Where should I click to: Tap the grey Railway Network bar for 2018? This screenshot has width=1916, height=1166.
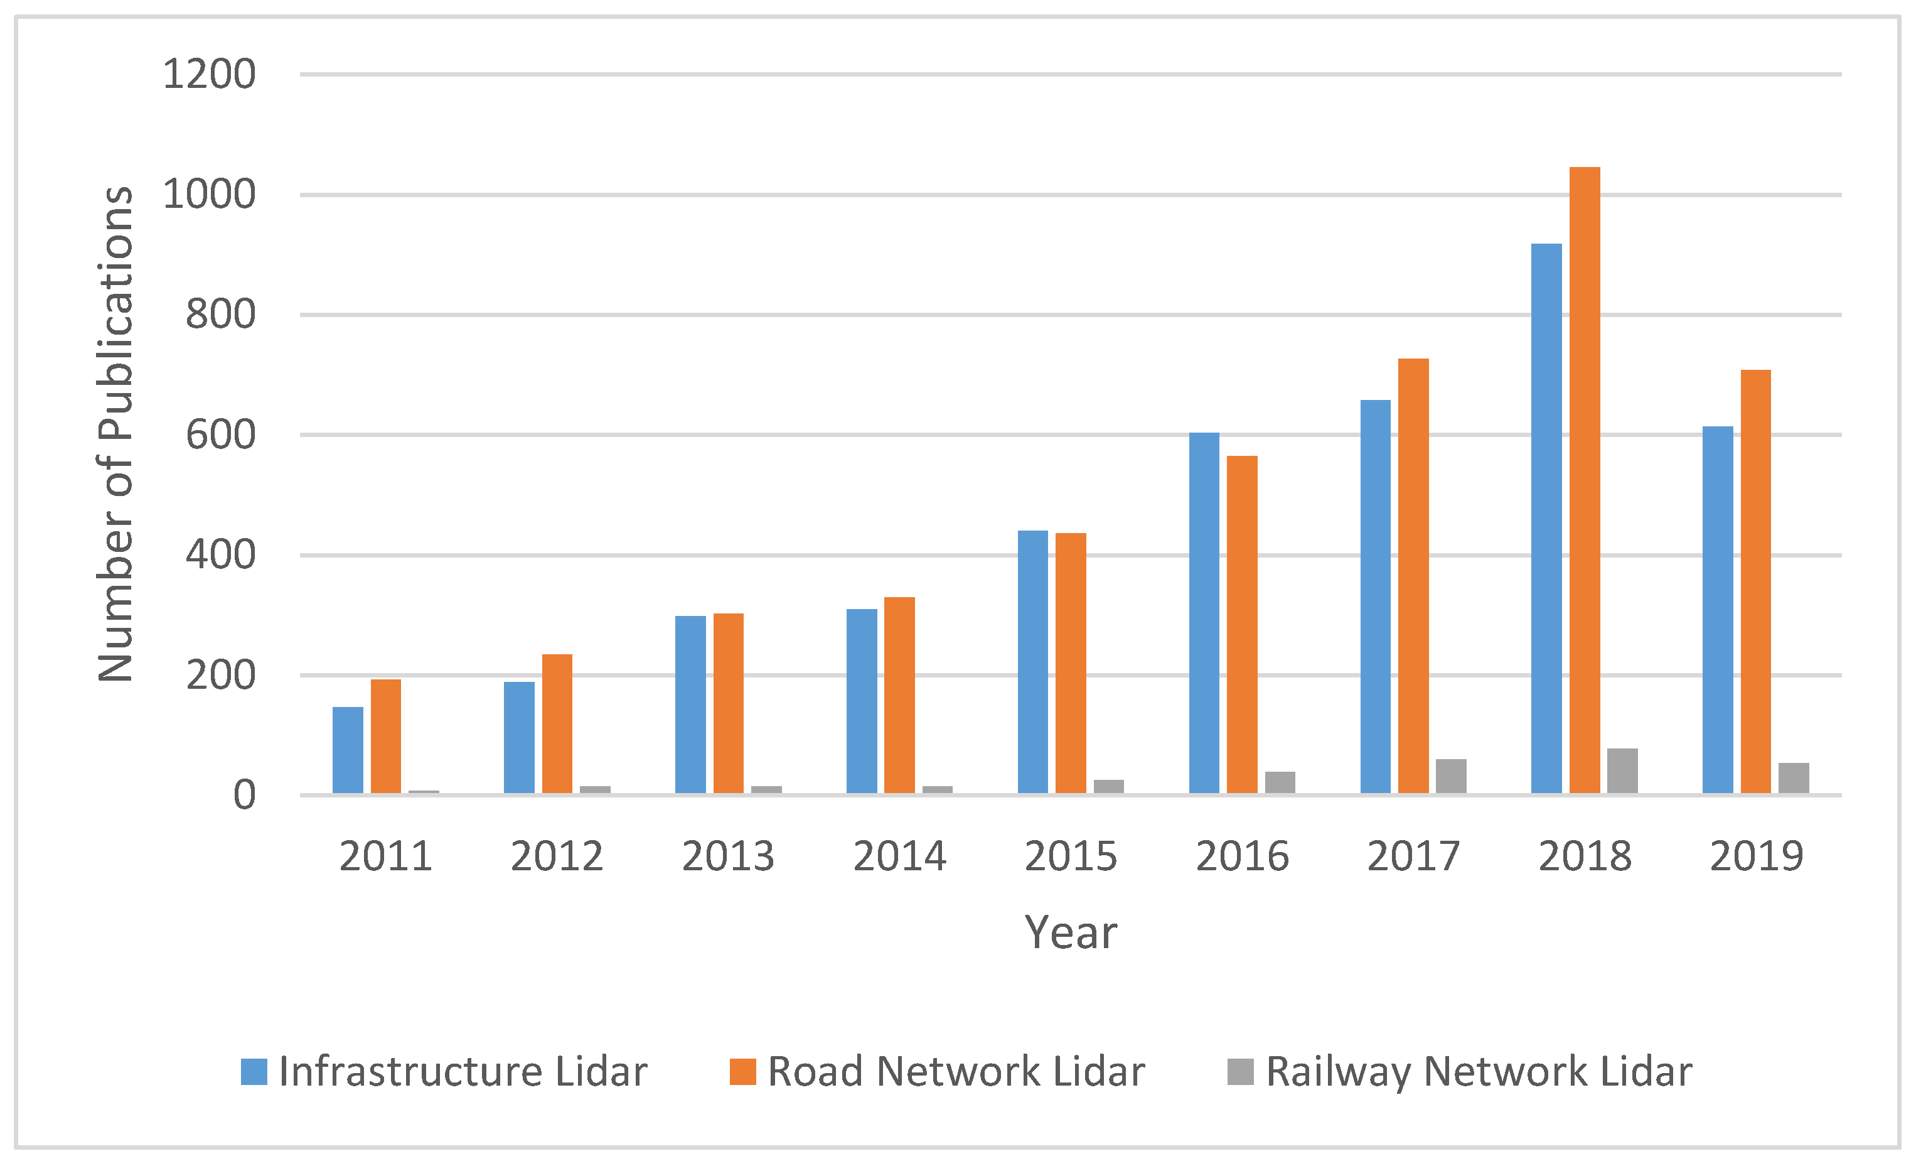(1622, 771)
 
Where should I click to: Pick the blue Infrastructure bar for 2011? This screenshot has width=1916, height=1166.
(348, 750)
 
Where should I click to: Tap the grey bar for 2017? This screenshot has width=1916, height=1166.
(1451, 776)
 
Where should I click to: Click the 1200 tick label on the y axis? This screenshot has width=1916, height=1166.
(208, 75)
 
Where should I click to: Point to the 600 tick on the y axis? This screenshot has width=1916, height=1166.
(220, 435)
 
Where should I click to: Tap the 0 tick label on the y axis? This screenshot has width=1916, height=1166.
(244, 796)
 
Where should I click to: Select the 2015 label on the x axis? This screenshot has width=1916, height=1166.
(1070, 857)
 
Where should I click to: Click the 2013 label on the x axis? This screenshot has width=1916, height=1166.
(728, 857)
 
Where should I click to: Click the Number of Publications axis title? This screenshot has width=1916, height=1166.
(115, 434)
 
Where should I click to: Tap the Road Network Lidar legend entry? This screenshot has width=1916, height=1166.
(937, 1072)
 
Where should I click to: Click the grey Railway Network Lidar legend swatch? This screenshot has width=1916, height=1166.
(1240, 1072)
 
